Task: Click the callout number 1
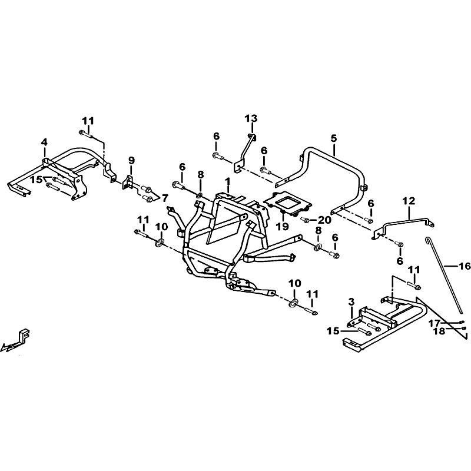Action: coord(228,181)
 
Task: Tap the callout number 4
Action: coord(45,142)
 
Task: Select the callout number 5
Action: coord(334,139)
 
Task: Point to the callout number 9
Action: coord(131,160)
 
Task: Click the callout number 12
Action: coord(409,201)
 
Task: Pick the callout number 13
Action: coord(251,118)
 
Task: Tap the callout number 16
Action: coord(463,266)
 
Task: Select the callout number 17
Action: coord(434,323)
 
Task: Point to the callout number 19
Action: coord(283,226)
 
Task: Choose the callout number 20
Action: coord(324,220)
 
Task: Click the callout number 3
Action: coord(351,301)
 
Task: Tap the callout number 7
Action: coord(165,198)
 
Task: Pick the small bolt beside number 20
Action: coord(306,220)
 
